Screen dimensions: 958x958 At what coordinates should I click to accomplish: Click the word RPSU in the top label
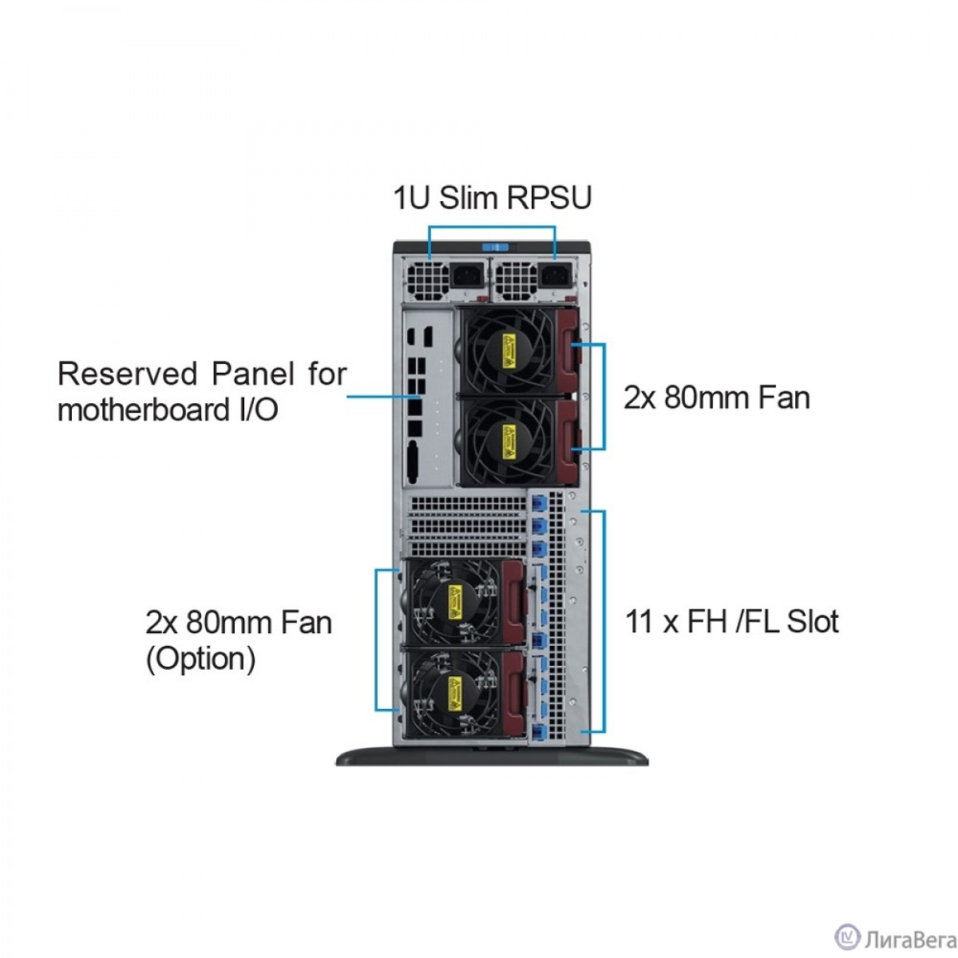(549, 198)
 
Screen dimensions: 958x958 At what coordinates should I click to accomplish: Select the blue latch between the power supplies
(493, 247)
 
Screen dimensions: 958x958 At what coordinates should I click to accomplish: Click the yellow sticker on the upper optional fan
(456, 599)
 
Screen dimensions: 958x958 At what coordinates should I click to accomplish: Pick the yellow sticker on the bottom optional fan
(456, 689)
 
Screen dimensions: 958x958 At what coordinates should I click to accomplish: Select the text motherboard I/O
(168, 410)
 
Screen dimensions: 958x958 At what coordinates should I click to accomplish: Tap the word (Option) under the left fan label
(200, 659)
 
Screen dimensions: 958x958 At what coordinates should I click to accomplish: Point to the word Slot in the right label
(812, 621)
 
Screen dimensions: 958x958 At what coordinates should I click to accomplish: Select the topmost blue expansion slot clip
(537, 505)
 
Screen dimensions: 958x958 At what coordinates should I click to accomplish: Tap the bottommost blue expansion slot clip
(536, 732)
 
